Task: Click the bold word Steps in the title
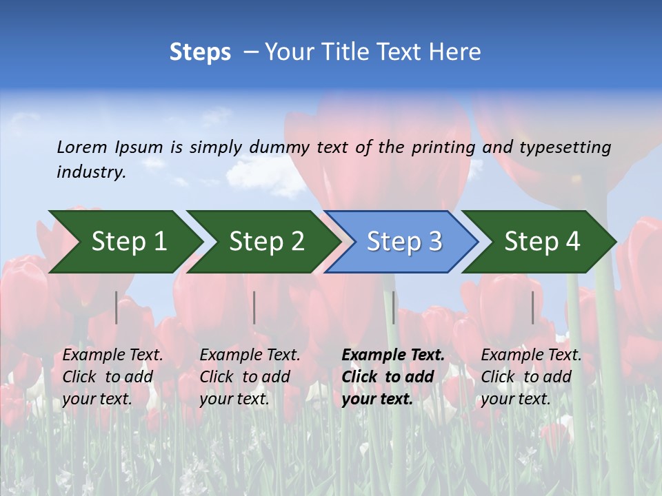(x=200, y=52)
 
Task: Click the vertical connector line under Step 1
(x=117, y=307)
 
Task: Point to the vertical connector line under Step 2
(x=254, y=307)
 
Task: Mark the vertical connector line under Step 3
(x=394, y=307)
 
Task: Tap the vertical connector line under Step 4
(x=533, y=307)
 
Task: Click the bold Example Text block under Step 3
(x=393, y=377)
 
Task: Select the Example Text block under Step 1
(x=112, y=377)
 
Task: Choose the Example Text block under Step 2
(x=250, y=377)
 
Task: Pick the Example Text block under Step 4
(x=531, y=377)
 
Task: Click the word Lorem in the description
(x=82, y=147)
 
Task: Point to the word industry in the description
(x=91, y=172)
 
